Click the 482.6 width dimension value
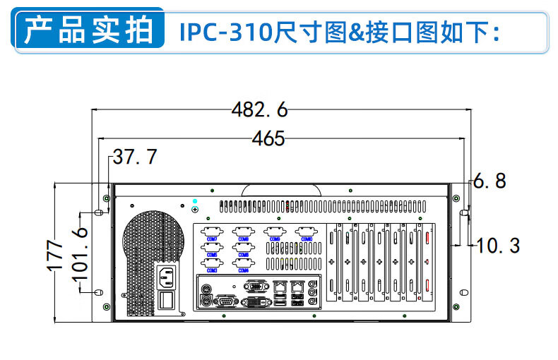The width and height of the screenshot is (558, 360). pyautogui.click(x=260, y=110)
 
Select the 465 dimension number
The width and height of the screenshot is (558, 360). pyautogui.click(x=268, y=139)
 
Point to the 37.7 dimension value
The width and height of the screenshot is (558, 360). pyautogui.click(x=135, y=157)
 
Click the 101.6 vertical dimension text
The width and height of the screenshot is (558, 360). pyautogui.click(x=81, y=251)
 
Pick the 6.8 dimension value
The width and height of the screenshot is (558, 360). pyautogui.click(x=489, y=181)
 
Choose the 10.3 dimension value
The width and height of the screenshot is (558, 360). pyautogui.click(x=498, y=246)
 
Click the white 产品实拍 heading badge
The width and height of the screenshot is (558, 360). pyautogui.click(x=89, y=32)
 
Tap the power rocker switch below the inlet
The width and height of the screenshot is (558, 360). pyautogui.click(x=167, y=301)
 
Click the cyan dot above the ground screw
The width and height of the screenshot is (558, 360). pyautogui.click(x=195, y=202)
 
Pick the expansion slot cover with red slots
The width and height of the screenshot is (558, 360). pyautogui.click(x=427, y=262)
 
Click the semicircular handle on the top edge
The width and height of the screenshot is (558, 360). pyautogui.click(x=282, y=189)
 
